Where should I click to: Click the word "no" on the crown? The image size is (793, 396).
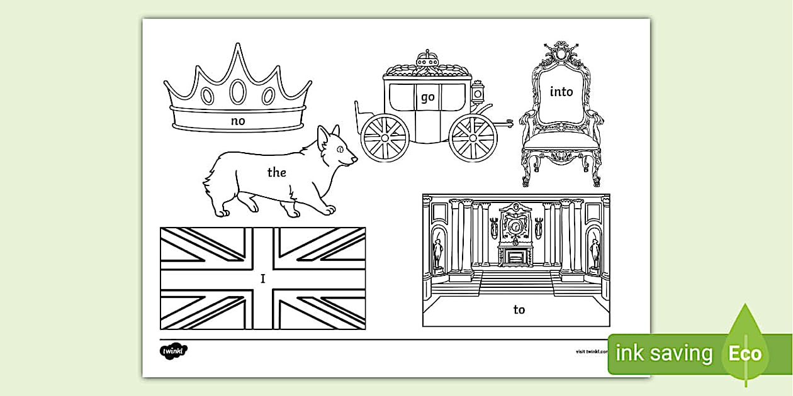[238, 121]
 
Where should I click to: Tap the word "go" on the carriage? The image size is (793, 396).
[428, 97]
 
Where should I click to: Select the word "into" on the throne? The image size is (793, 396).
[561, 92]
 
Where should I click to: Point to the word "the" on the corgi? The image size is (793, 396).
[277, 172]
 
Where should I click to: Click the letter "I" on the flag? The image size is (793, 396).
[263, 278]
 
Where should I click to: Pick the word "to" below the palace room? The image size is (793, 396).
[519, 309]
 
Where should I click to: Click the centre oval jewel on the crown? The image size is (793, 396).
[238, 92]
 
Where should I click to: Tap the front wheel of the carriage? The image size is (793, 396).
[473, 138]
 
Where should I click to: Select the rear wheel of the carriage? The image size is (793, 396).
[385, 138]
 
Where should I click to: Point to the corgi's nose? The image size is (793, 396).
[356, 160]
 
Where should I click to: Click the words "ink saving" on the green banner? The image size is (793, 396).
[663, 353]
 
